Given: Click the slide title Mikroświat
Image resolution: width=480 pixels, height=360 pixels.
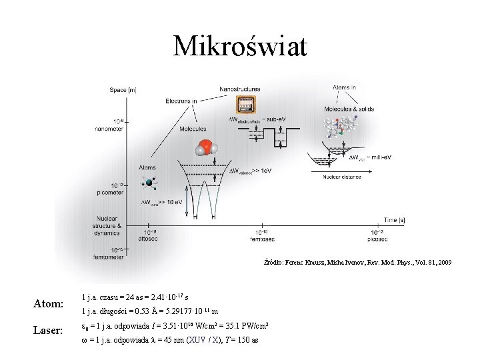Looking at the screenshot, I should tap(240, 46).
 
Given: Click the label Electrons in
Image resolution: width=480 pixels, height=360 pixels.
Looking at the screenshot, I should tap(181, 101).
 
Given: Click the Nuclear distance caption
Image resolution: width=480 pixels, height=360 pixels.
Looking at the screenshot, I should tap(344, 178).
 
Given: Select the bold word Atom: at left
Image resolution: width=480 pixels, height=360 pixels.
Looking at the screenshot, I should tap(48, 305).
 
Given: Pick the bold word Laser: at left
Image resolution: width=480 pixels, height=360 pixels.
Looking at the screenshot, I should tap(48, 330).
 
